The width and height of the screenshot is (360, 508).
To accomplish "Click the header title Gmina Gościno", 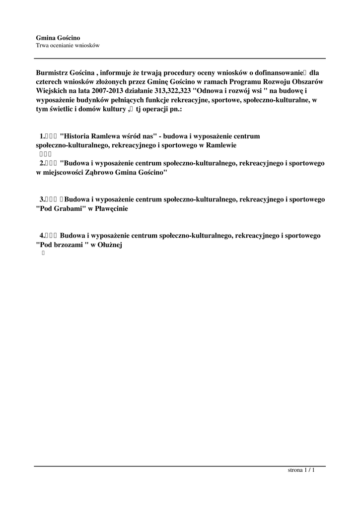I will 58,38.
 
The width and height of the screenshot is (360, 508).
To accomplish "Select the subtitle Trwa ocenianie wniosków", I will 68,45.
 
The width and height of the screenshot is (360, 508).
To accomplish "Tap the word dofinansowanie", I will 279,72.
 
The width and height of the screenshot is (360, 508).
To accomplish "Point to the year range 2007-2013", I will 115,91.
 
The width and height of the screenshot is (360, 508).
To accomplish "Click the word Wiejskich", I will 52,91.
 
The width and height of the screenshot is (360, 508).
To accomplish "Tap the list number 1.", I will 42,136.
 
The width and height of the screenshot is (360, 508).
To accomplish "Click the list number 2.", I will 42,163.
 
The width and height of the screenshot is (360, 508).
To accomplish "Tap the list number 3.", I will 42,199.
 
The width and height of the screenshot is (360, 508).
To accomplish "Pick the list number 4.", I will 42,235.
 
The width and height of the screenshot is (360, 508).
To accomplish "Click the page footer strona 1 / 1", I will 301,470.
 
